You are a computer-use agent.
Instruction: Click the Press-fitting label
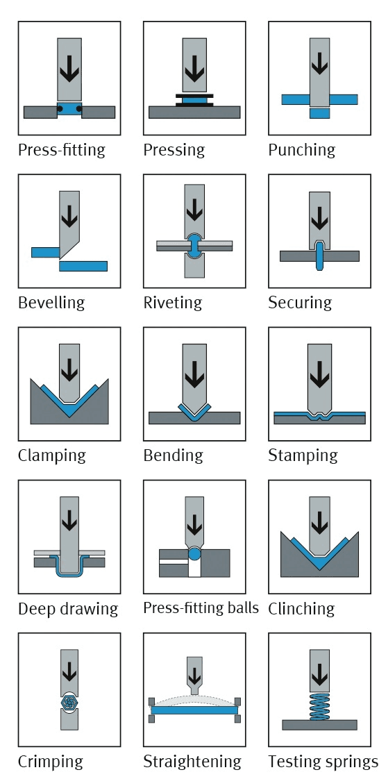(x=62, y=149)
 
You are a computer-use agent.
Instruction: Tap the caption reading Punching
(x=301, y=150)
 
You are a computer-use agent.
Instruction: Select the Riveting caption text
(x=172, y=303)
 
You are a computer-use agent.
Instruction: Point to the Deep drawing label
(x=68, y=609)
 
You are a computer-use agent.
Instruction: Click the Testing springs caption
(x=323, y=762)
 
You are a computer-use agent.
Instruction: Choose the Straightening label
(x=192, y=762)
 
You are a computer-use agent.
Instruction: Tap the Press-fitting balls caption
(x=201, y=608)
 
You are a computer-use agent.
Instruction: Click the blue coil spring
(x=319, y=707)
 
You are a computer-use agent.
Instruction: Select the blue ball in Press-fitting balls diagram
(x=194, y=553)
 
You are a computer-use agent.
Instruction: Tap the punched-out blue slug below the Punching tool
(x=319, y=113)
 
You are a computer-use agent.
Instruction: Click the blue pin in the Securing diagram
(x=319, y=256)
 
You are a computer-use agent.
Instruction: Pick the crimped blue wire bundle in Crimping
(x=69, y=701)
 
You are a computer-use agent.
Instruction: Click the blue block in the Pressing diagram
(x=194, y=101)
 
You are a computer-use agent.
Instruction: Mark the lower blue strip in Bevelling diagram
(x=83, y=266)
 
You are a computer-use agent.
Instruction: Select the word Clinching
(x=301, y=609)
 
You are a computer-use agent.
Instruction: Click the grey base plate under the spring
(x=319, y=725)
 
